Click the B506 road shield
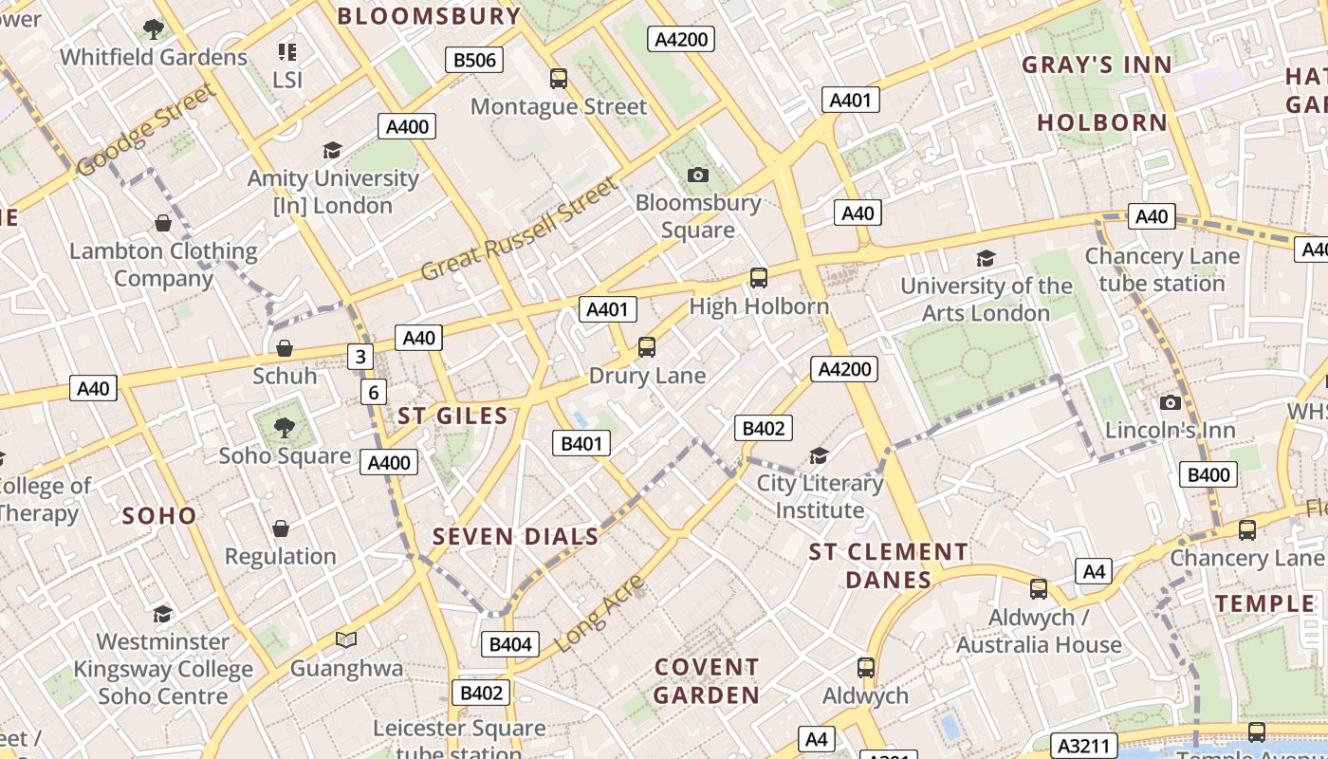coord(474,60)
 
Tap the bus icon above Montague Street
coord(559,79)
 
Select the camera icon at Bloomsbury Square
coord(698,175)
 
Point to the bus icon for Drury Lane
coord(647,347)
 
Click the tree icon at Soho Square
coord(285,428)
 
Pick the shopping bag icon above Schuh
coord(285,348)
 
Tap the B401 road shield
coord(581,443)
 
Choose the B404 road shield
coord(510,644)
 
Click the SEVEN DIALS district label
coord(516,536)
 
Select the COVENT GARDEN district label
coord(707,681)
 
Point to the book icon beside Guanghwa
coord(346,640)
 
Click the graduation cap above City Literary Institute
coord(819,456)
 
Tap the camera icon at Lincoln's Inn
coord(1171,403)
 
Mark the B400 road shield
coord(1208,474)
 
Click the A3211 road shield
coord(1083,746)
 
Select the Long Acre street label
coord(599,612)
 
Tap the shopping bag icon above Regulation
coord(281,528)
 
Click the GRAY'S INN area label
coord(1097,65)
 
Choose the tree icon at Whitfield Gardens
coord(153,29)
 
